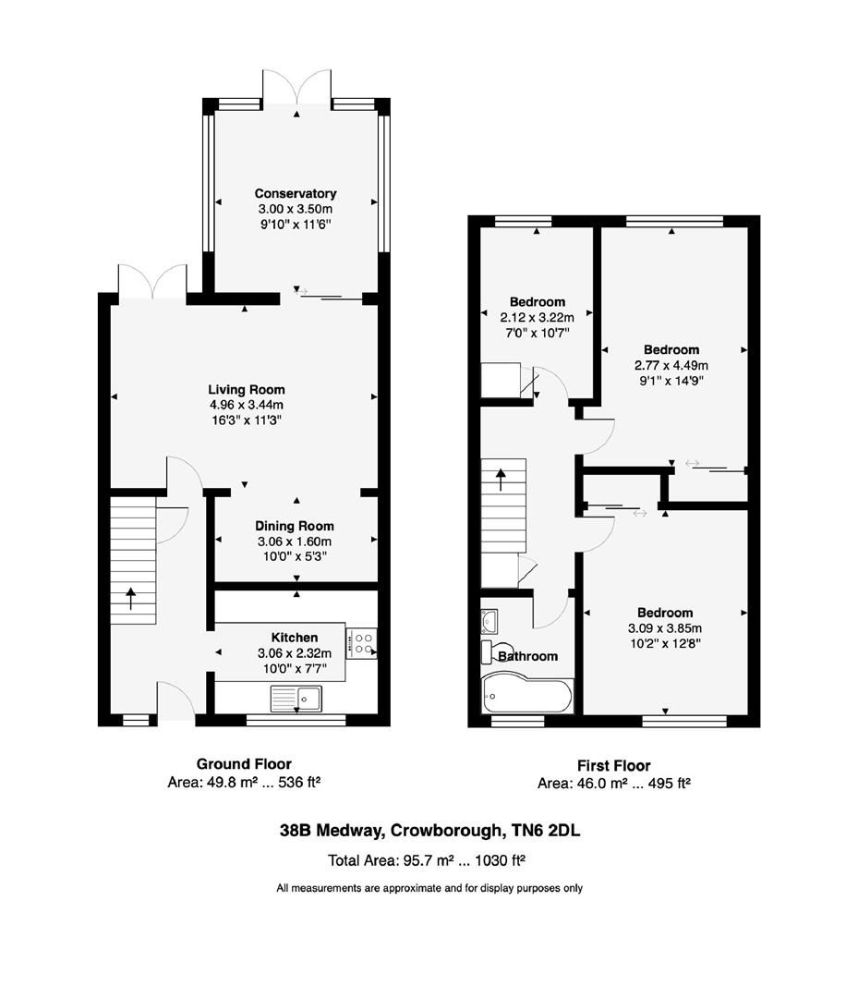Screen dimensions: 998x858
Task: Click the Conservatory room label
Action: (x=296, y=194)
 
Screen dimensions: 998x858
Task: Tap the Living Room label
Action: (x=246, y=390)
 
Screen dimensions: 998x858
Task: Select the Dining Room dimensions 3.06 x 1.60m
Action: (x=294, y=542)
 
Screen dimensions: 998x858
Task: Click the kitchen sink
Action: (x=296, y=699)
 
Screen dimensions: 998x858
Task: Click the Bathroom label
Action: (x=528, y=656)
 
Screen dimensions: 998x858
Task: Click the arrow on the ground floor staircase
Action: (x=130, y=598)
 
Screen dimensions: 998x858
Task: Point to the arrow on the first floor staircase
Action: (x=502, y=479)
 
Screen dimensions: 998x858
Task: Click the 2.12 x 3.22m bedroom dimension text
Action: (x=537, y=318)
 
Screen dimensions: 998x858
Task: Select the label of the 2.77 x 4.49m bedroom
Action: (x=671, y=350)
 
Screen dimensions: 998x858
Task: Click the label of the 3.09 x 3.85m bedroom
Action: (x=665, y=613)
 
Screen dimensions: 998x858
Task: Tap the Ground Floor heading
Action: (x=244, y=764)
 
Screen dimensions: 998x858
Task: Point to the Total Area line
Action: (x=427, y=860)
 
